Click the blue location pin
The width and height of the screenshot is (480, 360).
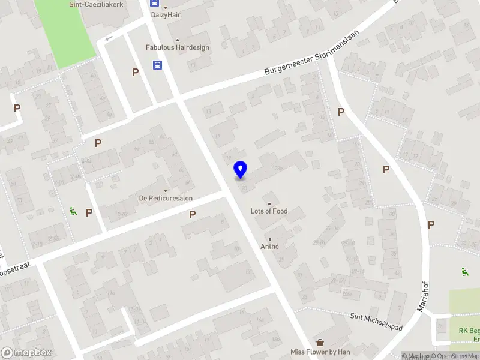pos(241,169)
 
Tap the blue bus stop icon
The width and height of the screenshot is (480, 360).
pos(157,65)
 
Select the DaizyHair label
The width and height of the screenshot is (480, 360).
pos(166,14)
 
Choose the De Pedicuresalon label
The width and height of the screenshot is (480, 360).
pos(166,197)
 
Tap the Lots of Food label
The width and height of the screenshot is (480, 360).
pos(269,211)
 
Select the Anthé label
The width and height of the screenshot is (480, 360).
pos(269,246)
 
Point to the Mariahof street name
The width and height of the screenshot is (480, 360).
pos(424,295)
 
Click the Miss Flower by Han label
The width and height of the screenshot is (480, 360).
pos(320,352)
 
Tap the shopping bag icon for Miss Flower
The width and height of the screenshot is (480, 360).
pos(320,342)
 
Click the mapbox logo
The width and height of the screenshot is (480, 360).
pos(26,353)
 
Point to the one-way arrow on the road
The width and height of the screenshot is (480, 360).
pos(109,39)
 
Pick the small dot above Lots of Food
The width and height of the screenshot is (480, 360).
pos(269,203)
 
